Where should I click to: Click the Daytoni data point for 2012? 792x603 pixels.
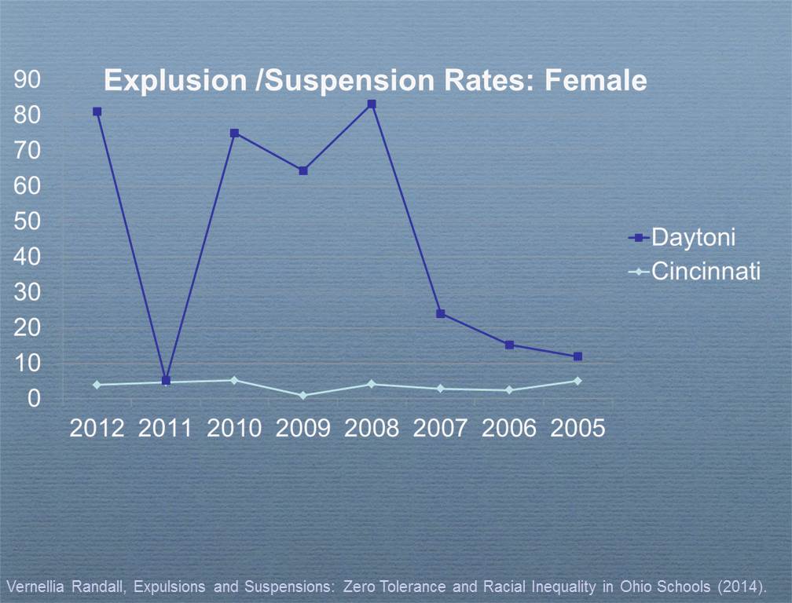coord(97,111)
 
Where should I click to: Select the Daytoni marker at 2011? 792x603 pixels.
coord(166,381)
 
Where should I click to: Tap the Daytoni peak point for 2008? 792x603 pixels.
coord(372,104)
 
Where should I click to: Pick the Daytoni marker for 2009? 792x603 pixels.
coord(303,170)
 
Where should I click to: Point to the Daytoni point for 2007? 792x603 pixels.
coord(441,314)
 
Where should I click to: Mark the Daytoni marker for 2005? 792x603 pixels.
coord(578,356)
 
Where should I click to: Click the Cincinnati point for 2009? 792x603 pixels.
coord(303,395)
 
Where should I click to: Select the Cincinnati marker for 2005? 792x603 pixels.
coord(578,381)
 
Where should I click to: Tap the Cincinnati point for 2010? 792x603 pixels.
coord(234,380)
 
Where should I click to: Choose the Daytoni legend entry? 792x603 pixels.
coord(692,236)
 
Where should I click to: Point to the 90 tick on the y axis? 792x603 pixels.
coord(27,80)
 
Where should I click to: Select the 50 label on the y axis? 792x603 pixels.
coord(27,221)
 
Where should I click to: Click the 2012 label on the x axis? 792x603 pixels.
coord(97,429)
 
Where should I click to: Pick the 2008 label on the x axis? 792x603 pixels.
coord(372,429)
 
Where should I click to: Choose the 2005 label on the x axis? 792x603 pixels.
coord(578,429)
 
